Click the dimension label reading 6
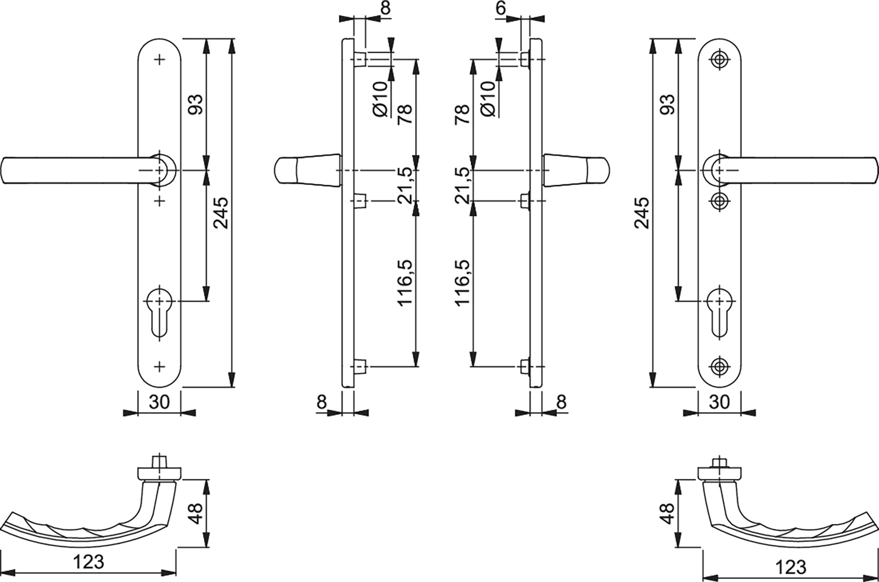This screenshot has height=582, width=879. point(501,8)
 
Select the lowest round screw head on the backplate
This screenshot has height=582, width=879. point(719,366)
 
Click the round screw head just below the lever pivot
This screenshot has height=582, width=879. point(719,201)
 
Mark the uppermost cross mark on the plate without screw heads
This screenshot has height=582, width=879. point(160,59)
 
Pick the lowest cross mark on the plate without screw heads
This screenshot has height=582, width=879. point(160,366)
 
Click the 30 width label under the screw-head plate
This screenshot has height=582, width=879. point(719,402)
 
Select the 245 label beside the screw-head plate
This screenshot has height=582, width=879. point(642,213)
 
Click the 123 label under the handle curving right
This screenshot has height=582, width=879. point(790,567)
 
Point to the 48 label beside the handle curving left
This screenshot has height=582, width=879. point(196,513)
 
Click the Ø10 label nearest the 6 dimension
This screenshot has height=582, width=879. point(488,99)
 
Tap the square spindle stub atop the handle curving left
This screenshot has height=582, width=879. point(159,463)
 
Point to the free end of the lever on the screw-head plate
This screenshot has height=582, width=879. point(872,170)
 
